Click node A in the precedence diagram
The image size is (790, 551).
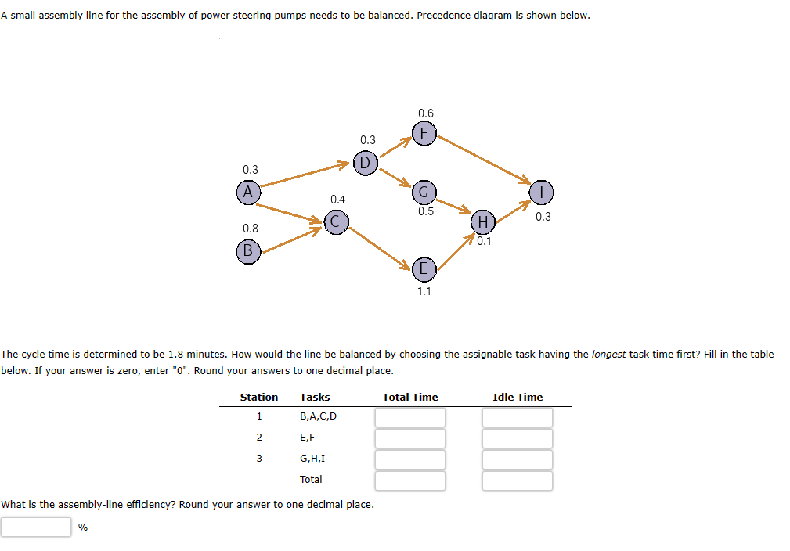coord(248,192)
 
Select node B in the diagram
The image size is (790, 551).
coord(247,250)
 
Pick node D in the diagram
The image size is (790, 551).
coord(365,163)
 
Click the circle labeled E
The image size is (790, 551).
coord(424,269)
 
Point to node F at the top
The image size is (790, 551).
coord(424,133)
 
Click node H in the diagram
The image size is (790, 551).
coord(483,222)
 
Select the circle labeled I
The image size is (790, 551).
coord(542,192)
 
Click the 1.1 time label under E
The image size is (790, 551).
coord(424,291)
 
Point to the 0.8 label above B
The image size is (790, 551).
coord(250,228)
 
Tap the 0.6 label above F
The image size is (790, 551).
coord(425,113)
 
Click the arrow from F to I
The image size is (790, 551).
coord(483,160)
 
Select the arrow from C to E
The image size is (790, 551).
coord(379,245)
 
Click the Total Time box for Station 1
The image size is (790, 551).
coord(409,417)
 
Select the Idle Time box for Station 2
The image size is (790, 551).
coord(517,438)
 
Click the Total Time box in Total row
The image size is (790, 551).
coord(409,481)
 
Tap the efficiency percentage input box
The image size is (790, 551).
coord(36,528)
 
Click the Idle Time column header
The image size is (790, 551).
coord(517,397)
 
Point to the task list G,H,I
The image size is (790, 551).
coord(312,459)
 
